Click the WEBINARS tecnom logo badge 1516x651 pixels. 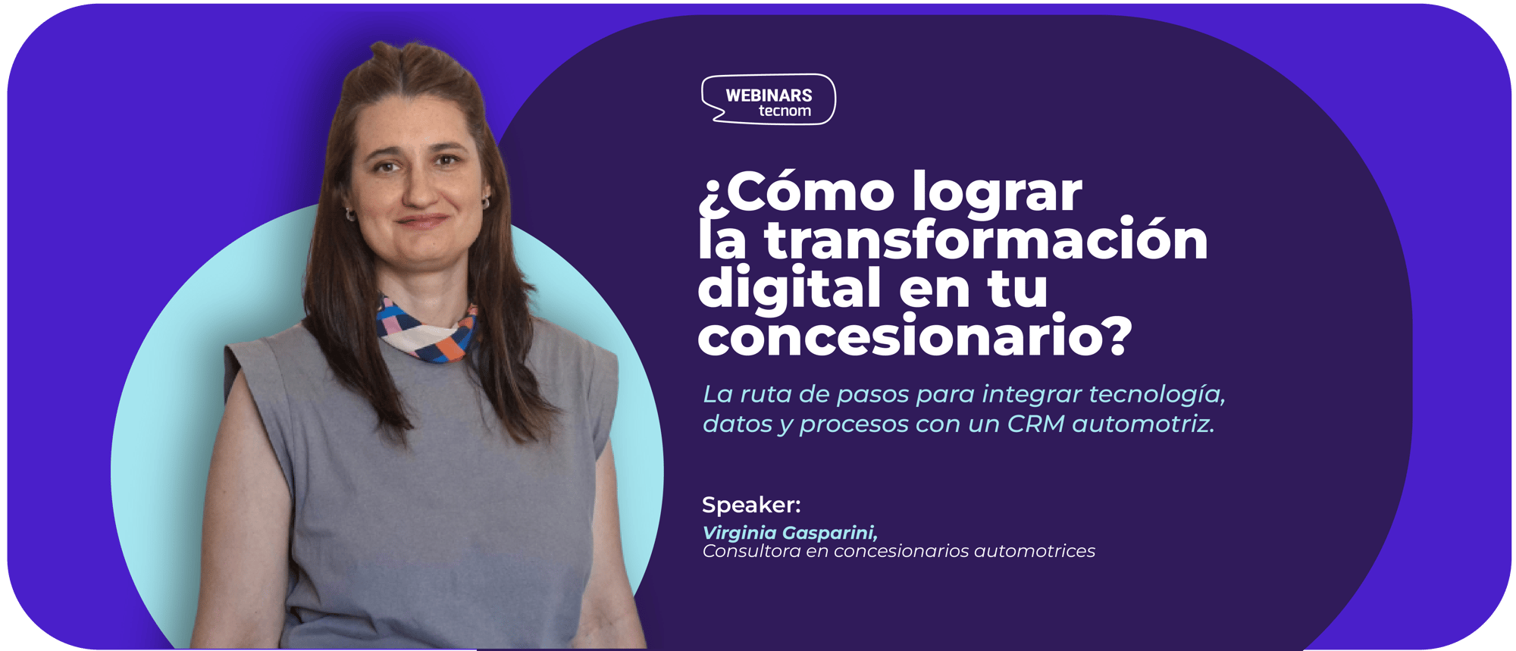(x=769, y=99)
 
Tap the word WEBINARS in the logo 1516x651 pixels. (x=769, y=95)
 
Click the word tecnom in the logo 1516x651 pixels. (x=785, y=111)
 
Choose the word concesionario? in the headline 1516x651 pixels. (x=915, y=335)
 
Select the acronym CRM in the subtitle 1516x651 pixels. (x=1035, y=424)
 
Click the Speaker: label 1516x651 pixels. (x=751, y=505)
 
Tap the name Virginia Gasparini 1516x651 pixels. (x=790, y=533)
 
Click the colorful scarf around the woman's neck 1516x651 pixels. (x=427, y=331)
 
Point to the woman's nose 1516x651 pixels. (x=418, y=189)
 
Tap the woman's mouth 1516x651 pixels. (x=421, y=221)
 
